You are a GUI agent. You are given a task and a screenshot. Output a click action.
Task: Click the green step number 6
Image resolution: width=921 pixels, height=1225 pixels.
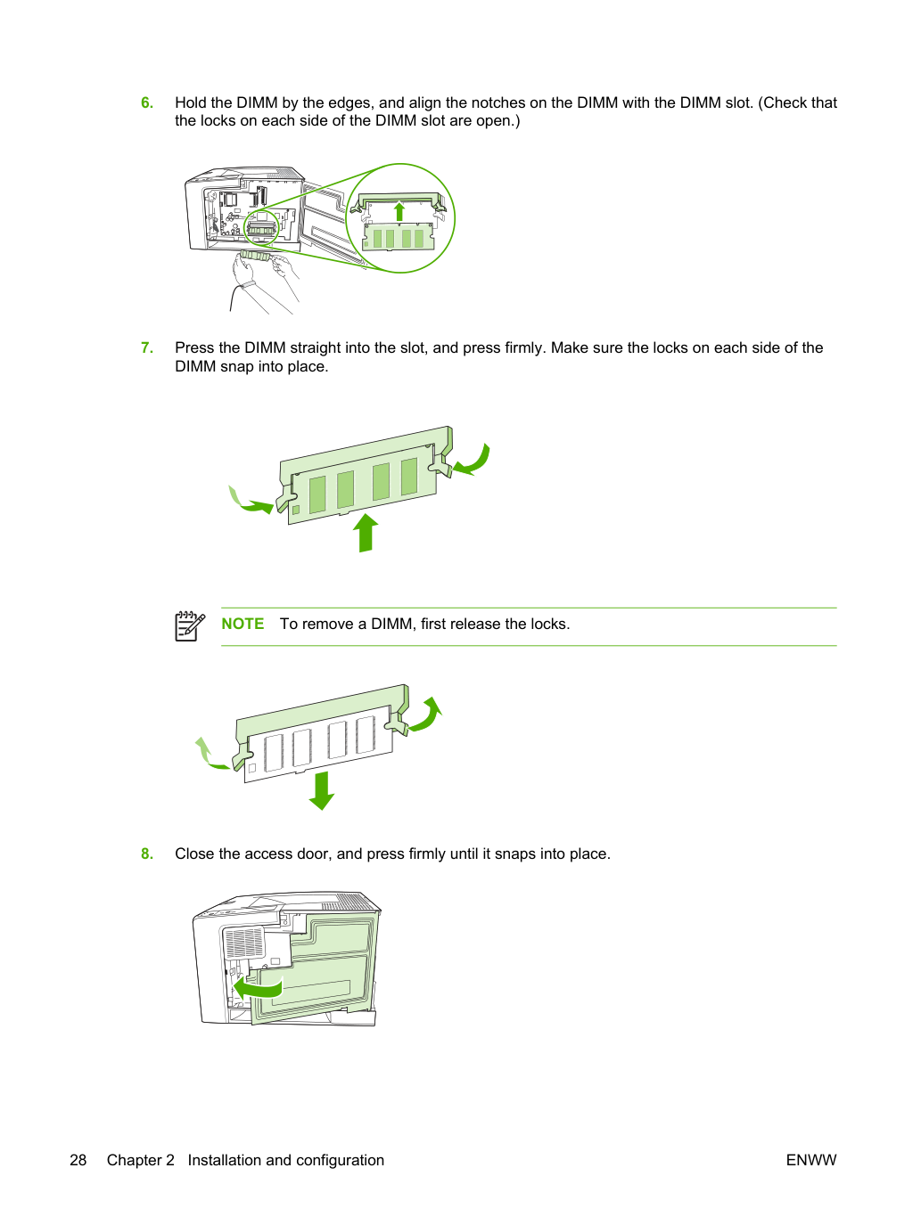pyautogui.click(x=147, y=103)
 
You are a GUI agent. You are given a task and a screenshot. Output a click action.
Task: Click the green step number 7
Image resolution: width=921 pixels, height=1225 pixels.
pyautogui.click(x=147, y=348)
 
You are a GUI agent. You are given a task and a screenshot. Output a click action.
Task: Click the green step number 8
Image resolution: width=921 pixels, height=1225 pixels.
pyautogui.click(x=147, y=853)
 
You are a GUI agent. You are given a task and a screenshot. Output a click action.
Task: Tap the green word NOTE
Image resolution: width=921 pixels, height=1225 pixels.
pyautogui.click(x=243, y=624)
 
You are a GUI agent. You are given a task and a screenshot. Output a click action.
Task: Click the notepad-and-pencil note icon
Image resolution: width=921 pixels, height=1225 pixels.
pyautogui.click(x=190, y=626)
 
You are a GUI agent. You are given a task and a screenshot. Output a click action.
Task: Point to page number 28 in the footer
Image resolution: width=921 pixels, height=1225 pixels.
pyautogui.click(x=78, y=1160)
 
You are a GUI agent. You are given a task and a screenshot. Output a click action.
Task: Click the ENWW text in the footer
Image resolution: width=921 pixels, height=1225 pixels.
pyautogui.click(x=811, y=1160)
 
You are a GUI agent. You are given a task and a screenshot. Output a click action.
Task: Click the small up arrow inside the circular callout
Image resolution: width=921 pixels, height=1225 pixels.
pyautogui.click(x=399, y=211)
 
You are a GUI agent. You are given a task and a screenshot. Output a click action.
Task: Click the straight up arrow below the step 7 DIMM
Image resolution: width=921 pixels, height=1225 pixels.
pyautogui.click(x=366, y=533)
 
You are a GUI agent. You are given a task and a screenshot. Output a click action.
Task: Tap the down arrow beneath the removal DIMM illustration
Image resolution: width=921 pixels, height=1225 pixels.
pyautogui.click(x=322, y=791)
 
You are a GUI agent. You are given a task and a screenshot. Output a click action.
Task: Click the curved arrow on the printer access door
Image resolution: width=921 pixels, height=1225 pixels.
pyautogui.click(x=258, y=990)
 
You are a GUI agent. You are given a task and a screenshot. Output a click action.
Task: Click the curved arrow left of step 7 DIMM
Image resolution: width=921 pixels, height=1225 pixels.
pyautogui.click(x=248, y=502)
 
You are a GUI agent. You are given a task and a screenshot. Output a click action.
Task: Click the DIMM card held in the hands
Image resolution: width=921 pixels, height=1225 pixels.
pyautogui.click(x=256, y=256)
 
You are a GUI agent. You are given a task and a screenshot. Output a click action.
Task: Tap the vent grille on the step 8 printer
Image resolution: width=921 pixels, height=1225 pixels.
pyautogui.click(x=243, y=943)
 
